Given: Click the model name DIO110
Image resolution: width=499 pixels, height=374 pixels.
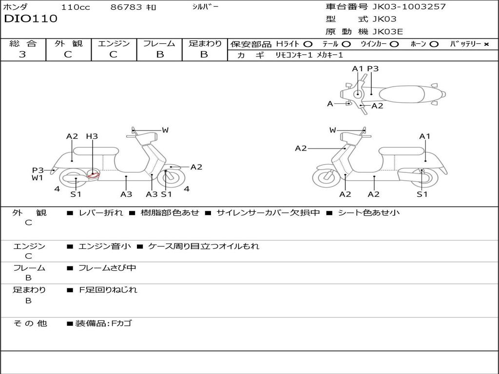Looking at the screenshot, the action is click(x=31, y=19).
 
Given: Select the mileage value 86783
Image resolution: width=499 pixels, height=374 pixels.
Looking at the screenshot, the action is click(x=126, y=7).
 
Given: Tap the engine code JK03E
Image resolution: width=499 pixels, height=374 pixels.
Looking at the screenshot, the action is click(x=388, y=32).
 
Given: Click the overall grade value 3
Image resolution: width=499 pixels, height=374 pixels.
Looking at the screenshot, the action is click(x=22, y=55).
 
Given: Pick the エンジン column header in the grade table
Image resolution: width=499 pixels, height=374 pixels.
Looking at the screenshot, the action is click(x=114, y=44).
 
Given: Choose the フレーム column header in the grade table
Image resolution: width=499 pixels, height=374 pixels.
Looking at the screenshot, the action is click(x=159, y=44).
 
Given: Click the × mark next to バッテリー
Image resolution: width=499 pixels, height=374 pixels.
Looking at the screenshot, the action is click(x=486, y=44).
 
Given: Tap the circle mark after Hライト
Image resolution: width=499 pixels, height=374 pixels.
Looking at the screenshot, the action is click(x=308, y=44).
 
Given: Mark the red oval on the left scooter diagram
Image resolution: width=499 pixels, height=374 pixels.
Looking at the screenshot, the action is click(x=93, y=175).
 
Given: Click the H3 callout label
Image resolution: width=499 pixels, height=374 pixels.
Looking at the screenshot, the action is click(x=92, y=136).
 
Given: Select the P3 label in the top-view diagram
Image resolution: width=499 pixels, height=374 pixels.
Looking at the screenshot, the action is click(x=373, y=69).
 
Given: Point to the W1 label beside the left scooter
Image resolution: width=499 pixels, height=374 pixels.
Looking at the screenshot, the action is click(x=38, y=178).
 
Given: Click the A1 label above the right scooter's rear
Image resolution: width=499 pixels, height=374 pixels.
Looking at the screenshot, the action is click(x=425, y=136).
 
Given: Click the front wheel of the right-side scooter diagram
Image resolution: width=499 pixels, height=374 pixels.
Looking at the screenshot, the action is click(x=326, y=178).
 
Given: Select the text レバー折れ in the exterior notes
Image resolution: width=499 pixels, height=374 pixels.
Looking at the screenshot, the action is click(x=101, y=213).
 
